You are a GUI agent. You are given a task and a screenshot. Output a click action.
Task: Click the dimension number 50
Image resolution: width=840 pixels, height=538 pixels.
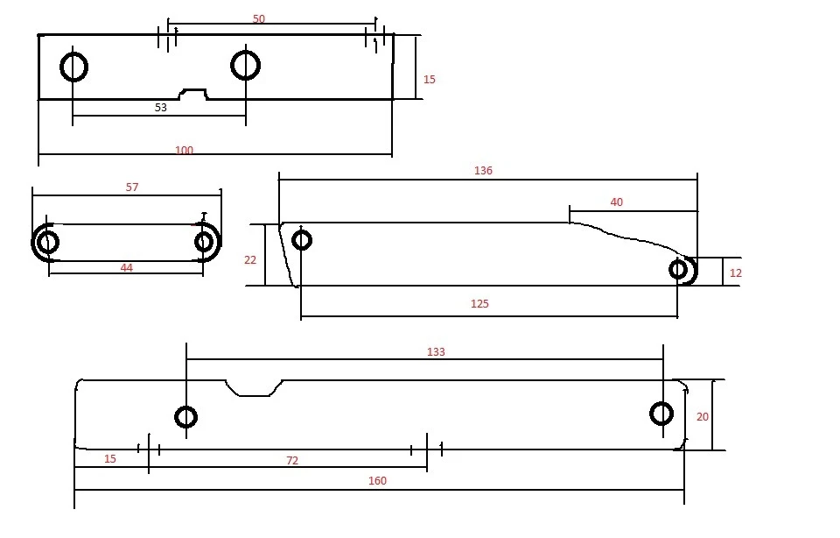point(259,18)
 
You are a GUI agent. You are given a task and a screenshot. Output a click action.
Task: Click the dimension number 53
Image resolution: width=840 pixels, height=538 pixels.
point(161,107)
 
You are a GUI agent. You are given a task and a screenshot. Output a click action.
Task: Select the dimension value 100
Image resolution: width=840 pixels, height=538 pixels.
point(184,150)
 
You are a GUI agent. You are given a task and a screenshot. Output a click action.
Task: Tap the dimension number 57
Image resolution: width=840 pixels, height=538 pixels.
point(132,188)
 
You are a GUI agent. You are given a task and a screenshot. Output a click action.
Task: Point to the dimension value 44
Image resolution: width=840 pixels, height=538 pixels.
point(126,267)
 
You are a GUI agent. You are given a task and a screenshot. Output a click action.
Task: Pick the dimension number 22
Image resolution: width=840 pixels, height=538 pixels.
point(250,260)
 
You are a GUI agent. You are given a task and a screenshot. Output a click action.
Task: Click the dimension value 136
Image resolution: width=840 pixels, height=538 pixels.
point(483,171)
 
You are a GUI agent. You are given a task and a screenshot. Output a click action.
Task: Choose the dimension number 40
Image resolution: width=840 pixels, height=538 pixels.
point(617,202)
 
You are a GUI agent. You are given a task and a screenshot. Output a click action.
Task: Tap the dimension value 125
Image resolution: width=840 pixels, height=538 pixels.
point(479,303)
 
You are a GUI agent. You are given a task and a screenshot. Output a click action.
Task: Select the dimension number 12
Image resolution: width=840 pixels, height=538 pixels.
point(736,273)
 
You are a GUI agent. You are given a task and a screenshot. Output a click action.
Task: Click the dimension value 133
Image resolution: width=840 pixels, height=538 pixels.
point(436,352)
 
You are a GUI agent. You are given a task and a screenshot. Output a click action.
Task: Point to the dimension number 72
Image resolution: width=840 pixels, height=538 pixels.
point(292,461)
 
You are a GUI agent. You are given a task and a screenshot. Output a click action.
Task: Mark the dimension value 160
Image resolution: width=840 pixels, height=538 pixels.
point(377,480)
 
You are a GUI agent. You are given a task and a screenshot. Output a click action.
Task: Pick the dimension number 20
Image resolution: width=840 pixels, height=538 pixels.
point(703,417)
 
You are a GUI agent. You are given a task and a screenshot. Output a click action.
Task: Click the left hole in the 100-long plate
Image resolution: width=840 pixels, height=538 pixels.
point(73,53)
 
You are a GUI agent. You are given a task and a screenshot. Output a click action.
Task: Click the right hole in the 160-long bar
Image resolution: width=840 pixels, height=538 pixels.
point(661,403)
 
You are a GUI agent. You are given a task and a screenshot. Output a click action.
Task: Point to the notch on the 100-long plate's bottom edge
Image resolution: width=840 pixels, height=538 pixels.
point(192,90)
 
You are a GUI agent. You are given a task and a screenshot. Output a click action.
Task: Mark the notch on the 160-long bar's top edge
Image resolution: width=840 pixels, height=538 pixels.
point(254,395)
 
